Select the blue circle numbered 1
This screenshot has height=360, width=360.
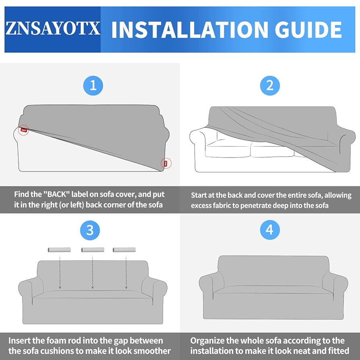pyautogui.click(x=93, y=85)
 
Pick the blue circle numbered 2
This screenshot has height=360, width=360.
pyautogui.click(x=269, y=85)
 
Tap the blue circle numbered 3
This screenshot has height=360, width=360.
pyautogui.click(x=90, y=230)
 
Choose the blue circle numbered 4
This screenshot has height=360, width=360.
pyautogui.click(x=269, y=230)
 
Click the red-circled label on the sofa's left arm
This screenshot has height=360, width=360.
pyautogui.click(x=24, y=130)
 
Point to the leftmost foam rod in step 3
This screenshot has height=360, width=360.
pyautogui.click(x=59, y=250)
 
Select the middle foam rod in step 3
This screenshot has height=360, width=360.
pyautogui.click(x=93, y=250)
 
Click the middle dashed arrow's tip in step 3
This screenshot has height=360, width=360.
pyautogui.click(x=93, y=288)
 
